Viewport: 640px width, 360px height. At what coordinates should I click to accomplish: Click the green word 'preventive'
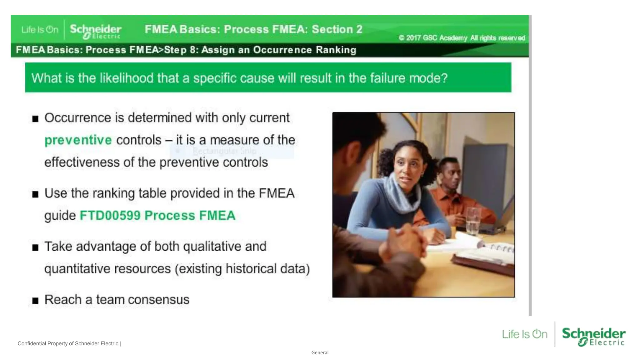click(x=78, y=140)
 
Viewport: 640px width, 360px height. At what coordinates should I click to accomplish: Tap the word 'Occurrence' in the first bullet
click(x=78, y=118)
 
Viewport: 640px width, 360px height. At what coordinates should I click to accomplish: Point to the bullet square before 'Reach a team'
click(x=35, y=301)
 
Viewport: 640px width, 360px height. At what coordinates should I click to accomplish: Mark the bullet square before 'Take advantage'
click(x=35, y=247)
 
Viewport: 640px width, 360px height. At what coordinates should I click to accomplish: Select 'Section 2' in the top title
click(x=337, y=29)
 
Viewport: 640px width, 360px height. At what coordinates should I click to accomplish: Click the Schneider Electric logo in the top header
click(x=96, y=31)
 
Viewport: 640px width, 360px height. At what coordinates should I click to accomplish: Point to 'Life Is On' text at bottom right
click(x=525, y=334)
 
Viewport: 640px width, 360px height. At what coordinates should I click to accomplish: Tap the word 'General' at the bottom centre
click(x=320, y=352)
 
